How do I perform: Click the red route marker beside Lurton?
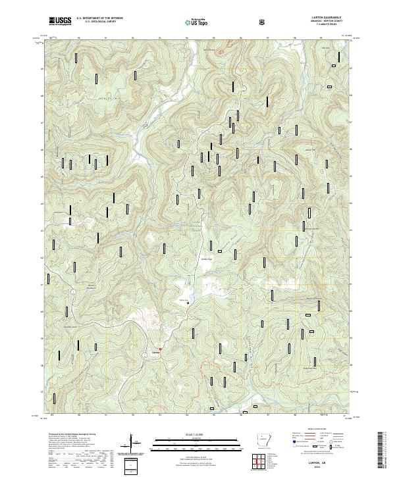160,347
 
